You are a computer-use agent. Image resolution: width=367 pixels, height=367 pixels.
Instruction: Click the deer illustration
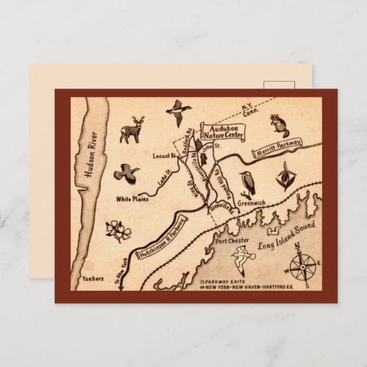click(131, 129)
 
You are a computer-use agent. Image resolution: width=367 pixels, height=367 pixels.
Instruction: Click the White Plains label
click(132, 200)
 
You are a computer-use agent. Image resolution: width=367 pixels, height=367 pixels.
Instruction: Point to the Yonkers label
click(92, 278)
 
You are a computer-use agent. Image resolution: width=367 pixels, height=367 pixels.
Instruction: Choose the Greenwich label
click(251, 204)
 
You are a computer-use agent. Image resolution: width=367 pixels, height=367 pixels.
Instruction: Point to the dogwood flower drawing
click(118, 231)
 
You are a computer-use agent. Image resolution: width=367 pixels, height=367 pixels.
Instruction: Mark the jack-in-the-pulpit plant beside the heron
click(283, 177)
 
